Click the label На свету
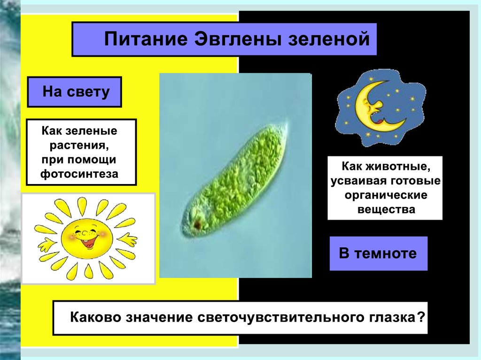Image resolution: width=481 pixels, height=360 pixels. (x=76, y=92)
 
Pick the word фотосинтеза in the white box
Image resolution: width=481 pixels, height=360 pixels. (x=79, y=174)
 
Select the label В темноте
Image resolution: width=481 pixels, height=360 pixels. (x=378, y=253)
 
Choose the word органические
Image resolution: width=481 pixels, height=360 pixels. (x=386, y=195)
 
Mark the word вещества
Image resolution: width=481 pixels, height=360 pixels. (x=386, y=209)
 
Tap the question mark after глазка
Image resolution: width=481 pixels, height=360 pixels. (x=421, y=316)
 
